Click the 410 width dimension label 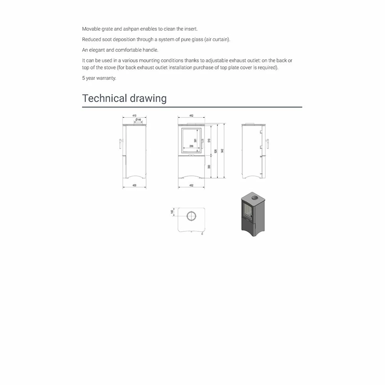pyautogui.click(x=134, y=115)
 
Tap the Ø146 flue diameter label pyautogui.click(x=139, y=120)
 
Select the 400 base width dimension pyautogui.click(x=134, y=186)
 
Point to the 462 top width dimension pyautogui.click(x=191, y=115)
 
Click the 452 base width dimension pyautogui.click(x=191, y=186)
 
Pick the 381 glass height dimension pyautogui.click(x=196, y=141)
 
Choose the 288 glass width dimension pyautogui.click(x=191, y=147)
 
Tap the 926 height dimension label pyautogui.click(x=216, y=151)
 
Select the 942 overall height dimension pyautogui.click(x=222, y=151)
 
